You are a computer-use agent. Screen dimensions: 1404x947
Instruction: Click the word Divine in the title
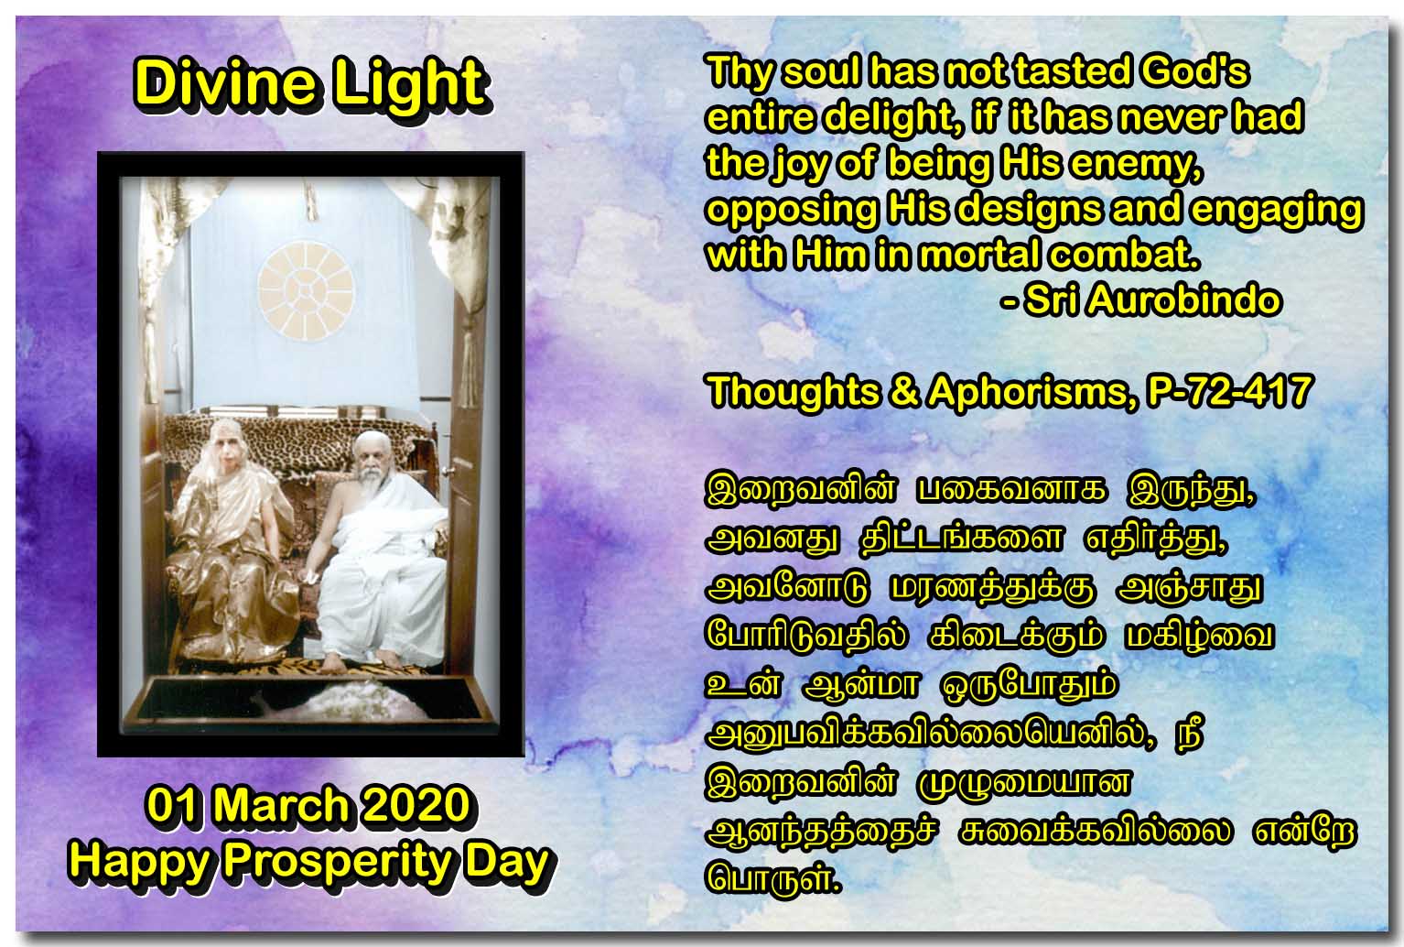click(224, 82)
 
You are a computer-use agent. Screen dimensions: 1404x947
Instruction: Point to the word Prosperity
click(339, 863)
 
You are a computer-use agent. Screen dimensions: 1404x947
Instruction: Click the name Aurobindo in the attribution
click(1183, 299)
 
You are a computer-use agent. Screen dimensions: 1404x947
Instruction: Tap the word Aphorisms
click(1031, 391)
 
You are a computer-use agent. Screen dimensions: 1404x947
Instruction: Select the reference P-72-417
click(1229, 391)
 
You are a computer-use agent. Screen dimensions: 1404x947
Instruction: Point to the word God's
click(1194, 71)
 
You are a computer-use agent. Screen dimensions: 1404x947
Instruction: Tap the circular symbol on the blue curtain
click(306, 292)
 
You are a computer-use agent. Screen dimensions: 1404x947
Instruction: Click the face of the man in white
click(370, 463)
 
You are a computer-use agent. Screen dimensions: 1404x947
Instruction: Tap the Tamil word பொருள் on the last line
click(772, 878)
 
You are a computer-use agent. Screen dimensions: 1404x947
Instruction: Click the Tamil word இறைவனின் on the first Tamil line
click(801, 490)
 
